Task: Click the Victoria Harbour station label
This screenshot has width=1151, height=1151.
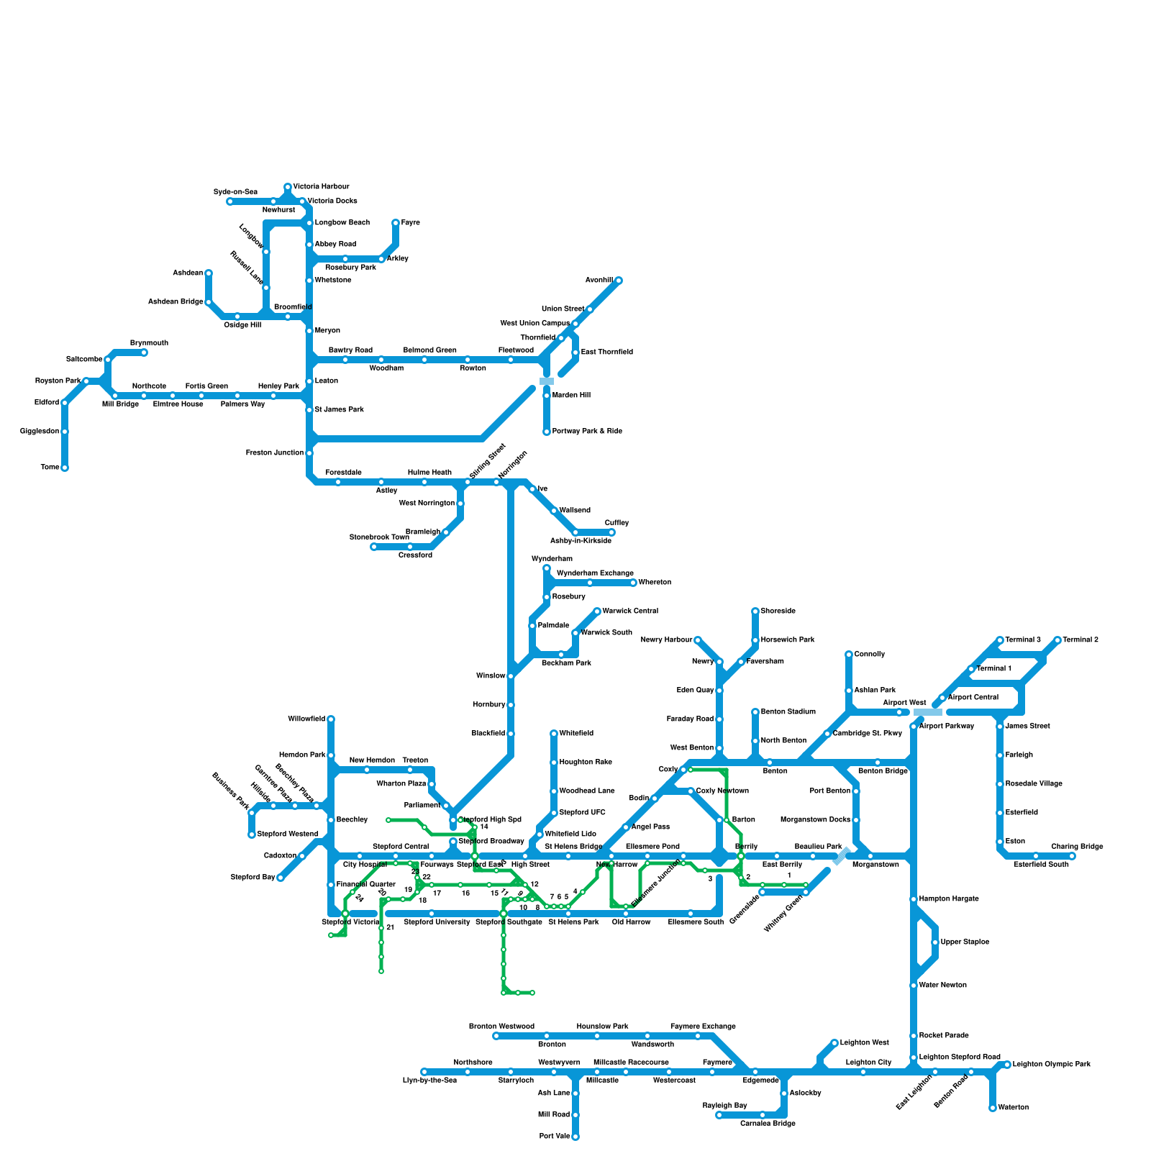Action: (x=321, y=187)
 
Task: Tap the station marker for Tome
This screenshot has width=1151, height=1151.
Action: (x=65, y=468)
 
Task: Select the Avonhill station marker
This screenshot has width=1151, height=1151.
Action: (x=618, y=281)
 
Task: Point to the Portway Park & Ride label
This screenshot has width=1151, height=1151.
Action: (x=587, y=432)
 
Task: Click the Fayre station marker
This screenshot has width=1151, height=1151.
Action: (x=396, y=223)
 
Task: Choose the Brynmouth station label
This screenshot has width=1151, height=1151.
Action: (x=149, y=343)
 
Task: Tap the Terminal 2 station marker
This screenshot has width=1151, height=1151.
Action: (x=1057, y=640)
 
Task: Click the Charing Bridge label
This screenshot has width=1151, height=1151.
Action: (x=1077, y=847)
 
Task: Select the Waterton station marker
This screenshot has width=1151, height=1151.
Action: (x=993, y=1108)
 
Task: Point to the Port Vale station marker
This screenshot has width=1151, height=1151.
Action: (x=575, y=1137)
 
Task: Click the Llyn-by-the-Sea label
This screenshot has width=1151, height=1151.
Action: (x=429, y=1081)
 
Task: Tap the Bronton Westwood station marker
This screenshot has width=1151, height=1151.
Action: (x=496, y=1036)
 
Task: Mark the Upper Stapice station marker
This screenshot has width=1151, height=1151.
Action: (x=935, y=942)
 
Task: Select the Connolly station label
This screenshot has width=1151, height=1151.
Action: (x=870, y=655)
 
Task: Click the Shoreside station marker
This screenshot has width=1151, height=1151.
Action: (x=755, y=611)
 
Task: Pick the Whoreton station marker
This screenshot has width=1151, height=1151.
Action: (x=633, y=583)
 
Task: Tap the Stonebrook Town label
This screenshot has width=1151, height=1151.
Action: (x=379, y=537)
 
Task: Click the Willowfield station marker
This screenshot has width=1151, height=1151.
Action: (x=331, y=719)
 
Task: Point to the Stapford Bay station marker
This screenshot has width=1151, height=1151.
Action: (x=281, y=878)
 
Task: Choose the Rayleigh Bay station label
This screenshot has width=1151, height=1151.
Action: (x=724, y=1106)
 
